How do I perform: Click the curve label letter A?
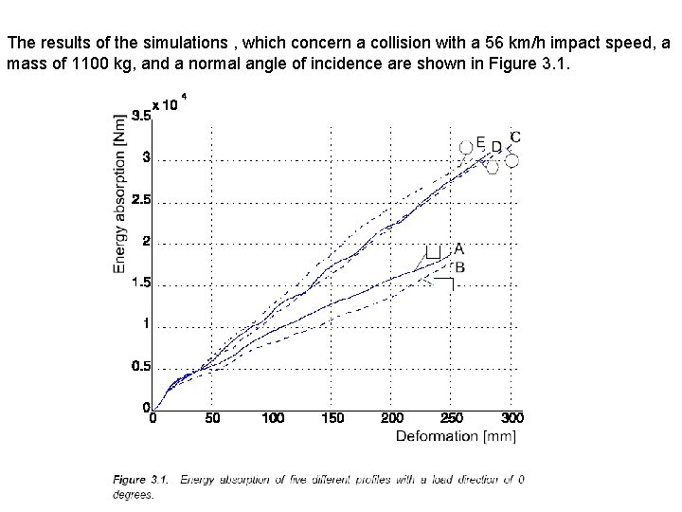pyautogui.click(x=458, y=248)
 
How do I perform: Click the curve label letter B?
pyautogui.click(x=459, y=267)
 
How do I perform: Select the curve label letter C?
pyautogui.click(x=515, y=137)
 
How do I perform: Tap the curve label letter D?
pyautogui.click(x=496, y=147)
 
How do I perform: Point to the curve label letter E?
pyautogui.click(x=480, y=142)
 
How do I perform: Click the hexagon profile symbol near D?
pyautogui.click(x=492, y=167)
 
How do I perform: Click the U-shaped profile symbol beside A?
pyautogui.click(x=434, y=252)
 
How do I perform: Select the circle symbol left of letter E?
pyautogui.click(x=465, y=147)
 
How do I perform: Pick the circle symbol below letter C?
pyautogui.click(x=511, y=160)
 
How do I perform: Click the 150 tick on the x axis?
pyautogui.click(x=333, y=418)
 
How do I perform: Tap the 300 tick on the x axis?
pyautogui.click(x=511, y=418)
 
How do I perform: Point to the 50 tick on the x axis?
pyautogui.click(x=213, y=418)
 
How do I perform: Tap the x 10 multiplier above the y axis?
pyautogui.click(x=166, y=105)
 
